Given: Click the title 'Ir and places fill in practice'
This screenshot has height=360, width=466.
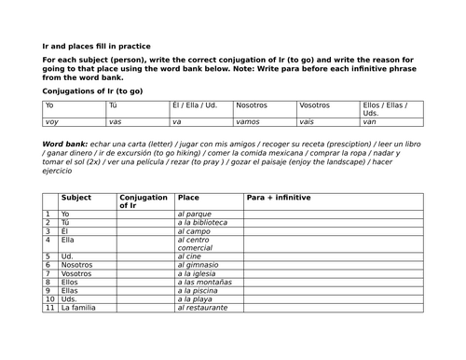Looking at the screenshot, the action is click(96, 46).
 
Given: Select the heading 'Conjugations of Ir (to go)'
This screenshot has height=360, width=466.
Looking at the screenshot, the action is click(92, 91).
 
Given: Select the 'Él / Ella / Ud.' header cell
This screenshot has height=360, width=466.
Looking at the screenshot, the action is click(199, 105).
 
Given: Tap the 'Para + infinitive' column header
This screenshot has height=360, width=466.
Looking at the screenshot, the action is click(279, 198).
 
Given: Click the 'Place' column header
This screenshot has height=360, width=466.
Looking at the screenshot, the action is click(187, 198).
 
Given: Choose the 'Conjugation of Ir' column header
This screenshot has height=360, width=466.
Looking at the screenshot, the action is click(144, 201).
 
